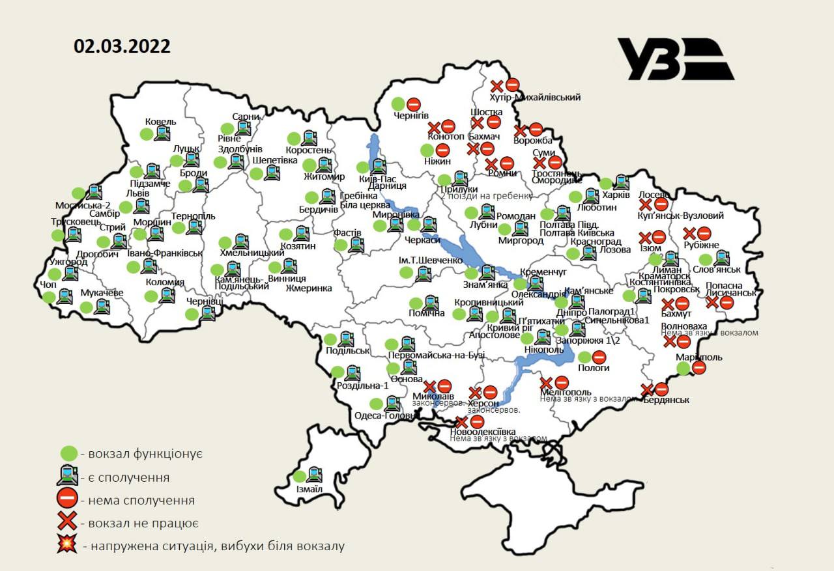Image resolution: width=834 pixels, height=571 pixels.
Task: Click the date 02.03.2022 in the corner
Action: coord(122,47)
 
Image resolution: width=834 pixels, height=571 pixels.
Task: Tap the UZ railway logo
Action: coord(675,59)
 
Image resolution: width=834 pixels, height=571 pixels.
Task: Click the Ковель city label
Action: coord(160,122)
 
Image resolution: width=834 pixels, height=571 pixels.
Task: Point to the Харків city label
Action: coord(616,195)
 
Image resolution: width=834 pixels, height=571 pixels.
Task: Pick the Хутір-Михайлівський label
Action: coord(534,97)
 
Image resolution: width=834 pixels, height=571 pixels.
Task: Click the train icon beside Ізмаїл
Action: coord(315,475)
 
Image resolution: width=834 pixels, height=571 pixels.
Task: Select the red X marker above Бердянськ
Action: coord(647,389)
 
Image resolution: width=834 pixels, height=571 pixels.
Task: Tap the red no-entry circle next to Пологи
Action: coord(599,356)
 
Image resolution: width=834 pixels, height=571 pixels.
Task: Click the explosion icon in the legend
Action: coord(66,546)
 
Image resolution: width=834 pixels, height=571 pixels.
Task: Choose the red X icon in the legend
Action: coord(66,523)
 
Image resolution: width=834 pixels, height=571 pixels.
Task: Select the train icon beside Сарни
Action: coord(243,128)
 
